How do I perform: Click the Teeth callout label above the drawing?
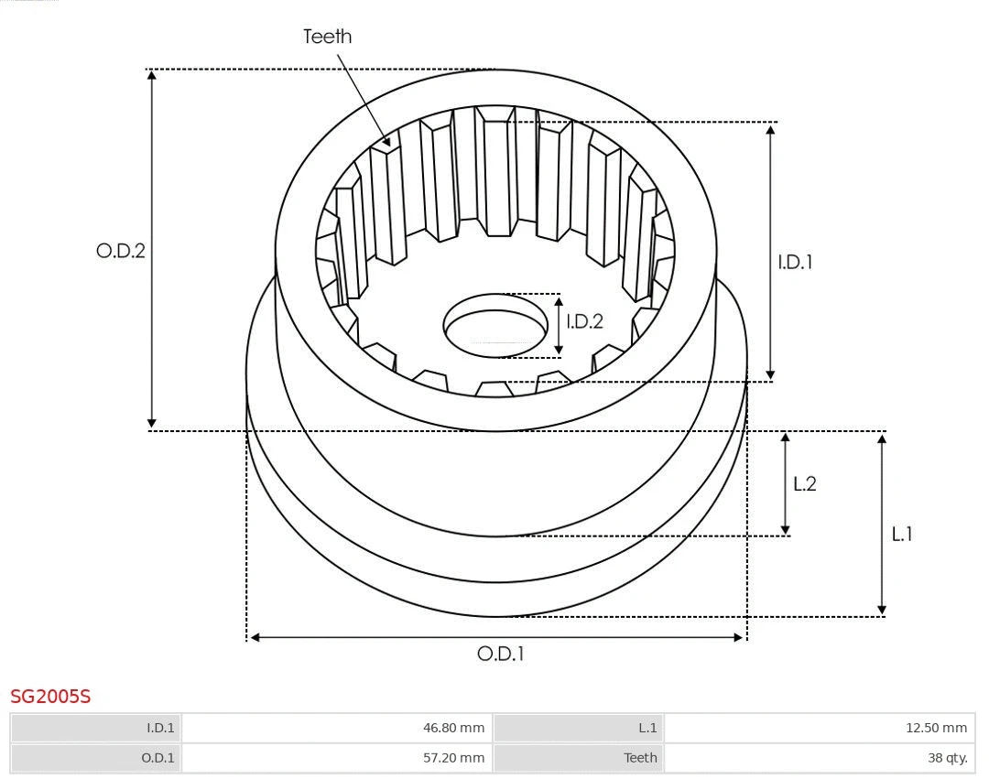(327, 37)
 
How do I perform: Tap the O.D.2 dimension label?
(121, 251)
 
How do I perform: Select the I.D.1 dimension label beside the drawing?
(795, 263)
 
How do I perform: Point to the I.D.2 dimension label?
(584, 321)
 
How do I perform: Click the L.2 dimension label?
(804, 484)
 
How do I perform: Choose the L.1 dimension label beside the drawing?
(902, 535)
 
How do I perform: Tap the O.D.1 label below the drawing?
(500, 654)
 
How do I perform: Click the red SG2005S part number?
(50, 697)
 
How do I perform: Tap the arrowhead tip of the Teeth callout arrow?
(390, 146)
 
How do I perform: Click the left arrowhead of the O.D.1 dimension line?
(252, 637)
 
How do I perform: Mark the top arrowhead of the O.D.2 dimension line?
(152, 73)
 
